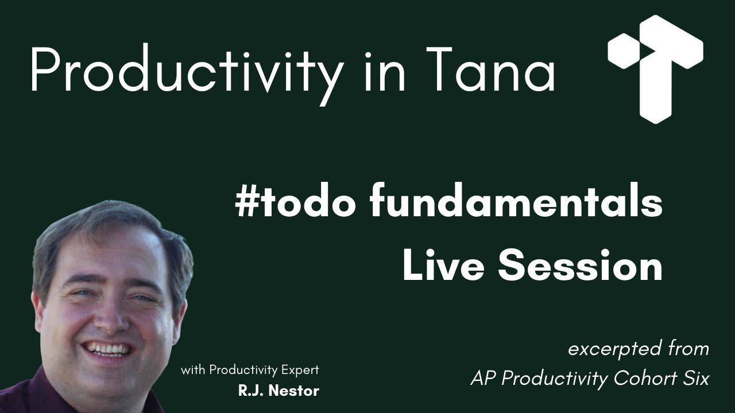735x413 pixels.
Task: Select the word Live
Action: [x=442, y=267]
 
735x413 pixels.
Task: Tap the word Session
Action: [x=580, y=267]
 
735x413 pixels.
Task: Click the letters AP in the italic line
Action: [x=481, y=379]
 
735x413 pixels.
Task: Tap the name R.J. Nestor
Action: [x=278, y=391]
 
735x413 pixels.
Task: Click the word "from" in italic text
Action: [x=688, y=349]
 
